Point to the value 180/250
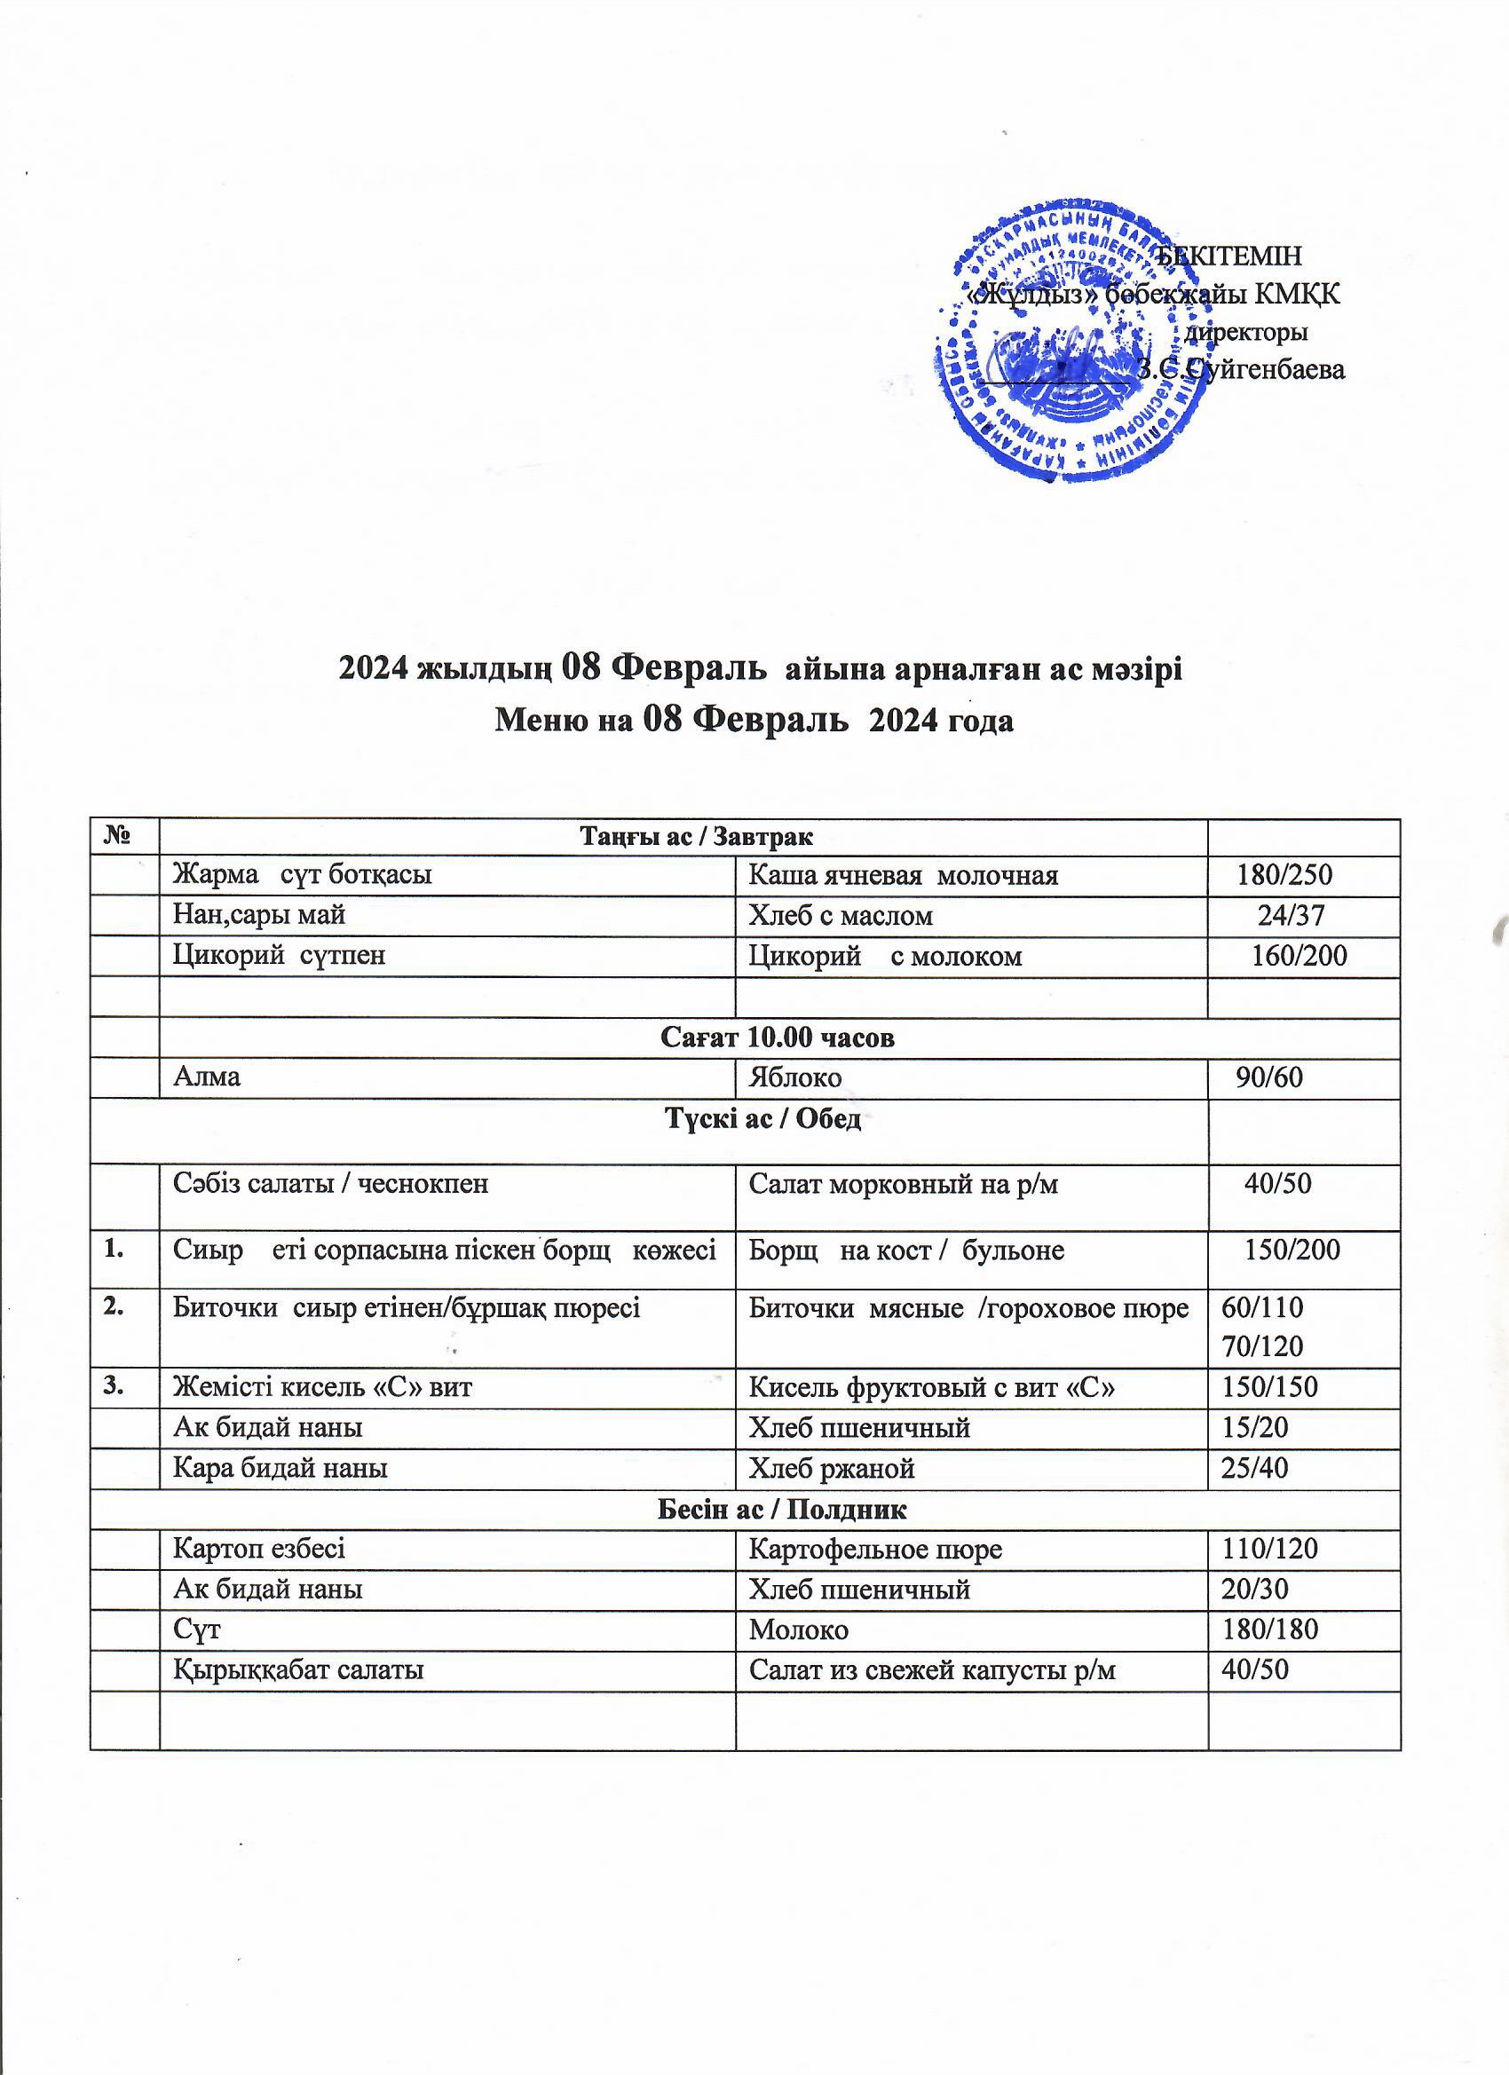click(x=1284, y=876)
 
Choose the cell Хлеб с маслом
click(x=840, y=915)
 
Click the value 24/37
click(x=1292, y=915)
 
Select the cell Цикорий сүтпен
click(x=279, y=955)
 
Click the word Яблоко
click(x=794, y=1077)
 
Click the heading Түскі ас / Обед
click(x=761, y=1118)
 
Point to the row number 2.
click(x=115, y=1306)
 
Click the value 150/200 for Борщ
click(x=1292, y=1250)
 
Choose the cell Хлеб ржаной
click(x=831, y=1468)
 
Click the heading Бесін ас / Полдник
click(x=782, y=1509)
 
